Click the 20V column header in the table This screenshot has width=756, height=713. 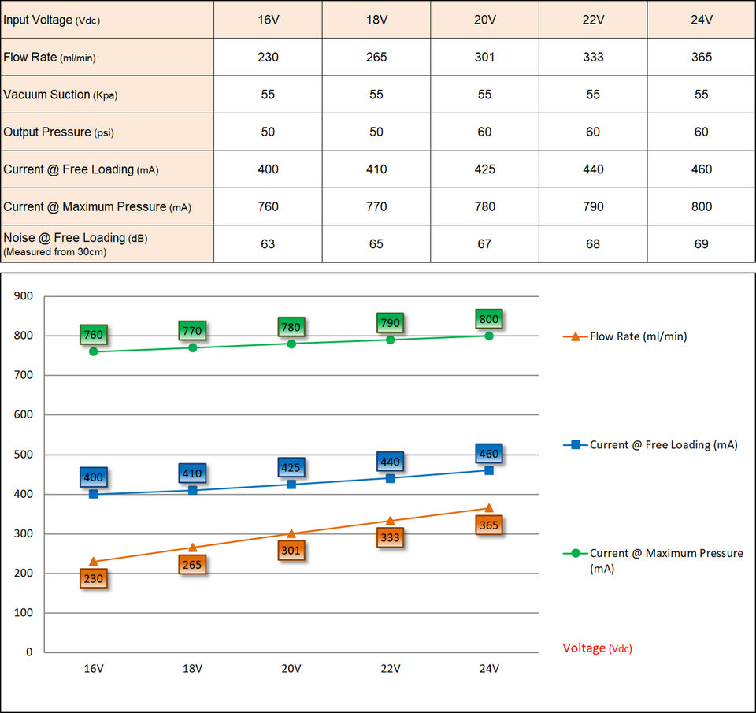click(484, 20)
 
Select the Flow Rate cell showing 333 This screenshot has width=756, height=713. click(593, 57)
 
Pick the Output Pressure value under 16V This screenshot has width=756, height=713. click(268, 132)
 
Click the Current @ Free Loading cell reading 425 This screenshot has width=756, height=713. click(484, 169)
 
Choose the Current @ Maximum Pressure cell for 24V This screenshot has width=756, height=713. click(701, 206)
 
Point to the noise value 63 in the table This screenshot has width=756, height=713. click(268, 244)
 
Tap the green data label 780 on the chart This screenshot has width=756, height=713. click(291, 327)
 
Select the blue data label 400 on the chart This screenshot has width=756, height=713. click(94, 477)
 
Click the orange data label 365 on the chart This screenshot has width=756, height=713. click(489, 525)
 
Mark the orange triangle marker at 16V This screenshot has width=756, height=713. click(94, 562)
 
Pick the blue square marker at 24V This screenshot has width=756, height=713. click(489, 470)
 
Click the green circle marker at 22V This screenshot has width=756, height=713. click(390, 340)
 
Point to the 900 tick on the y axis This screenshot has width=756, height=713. click(24, 296)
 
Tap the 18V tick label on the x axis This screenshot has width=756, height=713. click(192, 668)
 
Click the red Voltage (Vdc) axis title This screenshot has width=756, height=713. click(597, 648)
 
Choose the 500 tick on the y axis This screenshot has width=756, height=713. click(24, 455)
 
